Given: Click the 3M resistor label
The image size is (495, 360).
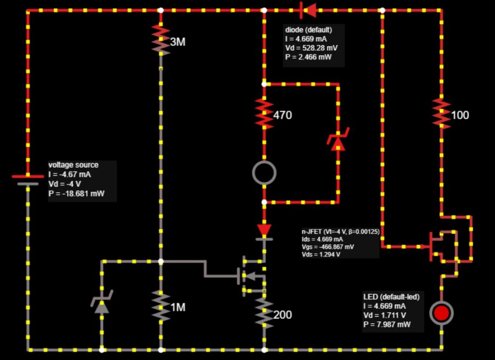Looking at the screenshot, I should tap(177, 42).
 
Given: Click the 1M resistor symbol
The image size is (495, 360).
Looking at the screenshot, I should tap(161, 304).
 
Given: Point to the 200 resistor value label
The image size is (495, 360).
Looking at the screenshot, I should tap(282, 315).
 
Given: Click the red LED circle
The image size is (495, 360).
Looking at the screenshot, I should tap(441, 313).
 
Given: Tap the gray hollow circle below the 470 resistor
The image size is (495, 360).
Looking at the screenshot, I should tap(264, 173).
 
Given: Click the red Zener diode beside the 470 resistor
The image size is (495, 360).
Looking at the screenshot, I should tap(338, 141).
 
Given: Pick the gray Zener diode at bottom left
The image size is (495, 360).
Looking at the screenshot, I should tap(102, 303).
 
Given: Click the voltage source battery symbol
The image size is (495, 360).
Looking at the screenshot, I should tap(28, 180).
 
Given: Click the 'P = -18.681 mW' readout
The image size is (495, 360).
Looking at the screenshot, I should tap(76, 194).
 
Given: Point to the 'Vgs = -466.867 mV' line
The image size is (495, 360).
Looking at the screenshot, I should tap(327, 247).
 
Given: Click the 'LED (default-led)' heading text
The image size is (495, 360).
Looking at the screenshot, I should tap(391, 297).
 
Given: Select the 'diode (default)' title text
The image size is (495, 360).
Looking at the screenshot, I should tap(307, 30).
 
